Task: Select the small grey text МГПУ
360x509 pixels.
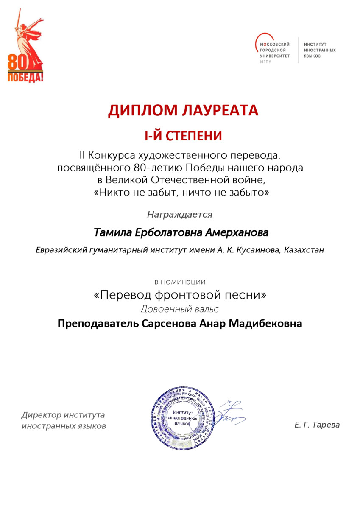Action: (x=265, y=62)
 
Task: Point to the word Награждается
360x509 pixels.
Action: (x=180, y=215)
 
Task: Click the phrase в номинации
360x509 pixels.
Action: (x=180, y=281)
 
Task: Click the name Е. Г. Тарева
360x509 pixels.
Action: (x=317, y=425)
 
